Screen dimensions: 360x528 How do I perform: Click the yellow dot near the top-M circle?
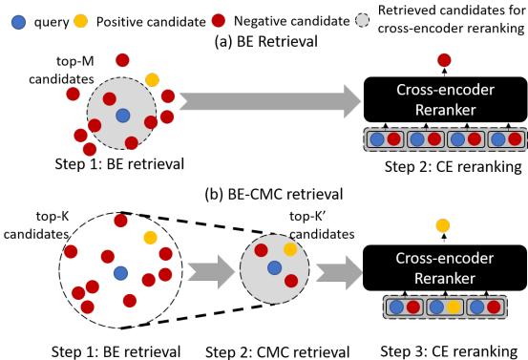tap(152, 79)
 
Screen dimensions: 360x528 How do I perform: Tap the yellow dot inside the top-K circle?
tap(148, 236)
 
